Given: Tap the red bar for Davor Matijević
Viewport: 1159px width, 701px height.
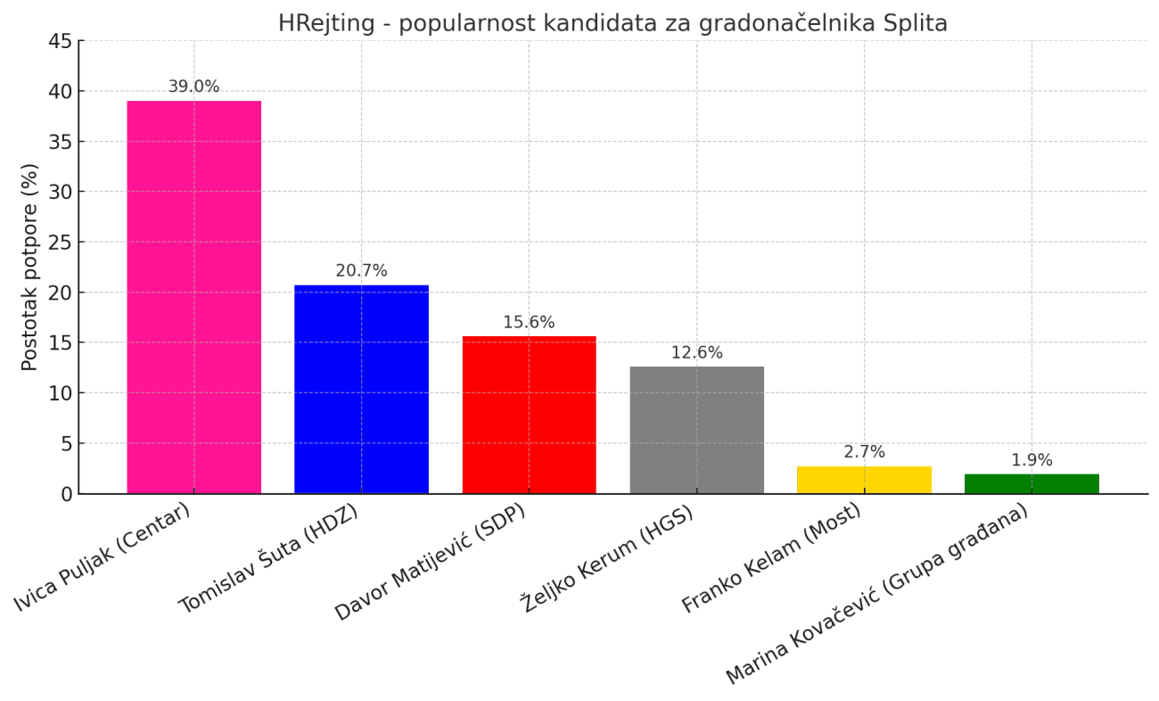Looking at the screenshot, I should click(x=529, y=415).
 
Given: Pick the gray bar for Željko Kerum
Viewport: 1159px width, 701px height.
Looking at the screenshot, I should click(x=696, y=430).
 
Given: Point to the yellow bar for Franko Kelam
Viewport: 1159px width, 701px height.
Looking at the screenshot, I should click(x=864, y=480).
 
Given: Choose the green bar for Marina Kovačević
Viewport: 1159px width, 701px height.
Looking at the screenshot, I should click(x=1032, y=483).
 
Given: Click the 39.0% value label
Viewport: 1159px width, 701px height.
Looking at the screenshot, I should click(x=193, y=87).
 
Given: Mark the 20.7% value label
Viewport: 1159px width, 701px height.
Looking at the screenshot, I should click(x=361, y=271).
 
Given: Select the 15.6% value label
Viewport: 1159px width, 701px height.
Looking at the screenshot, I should click(x=529, y=323).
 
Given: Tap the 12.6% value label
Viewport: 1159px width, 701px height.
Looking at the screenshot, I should click(x=696, y=353).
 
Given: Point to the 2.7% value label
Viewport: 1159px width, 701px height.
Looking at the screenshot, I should click(x=864, y=452).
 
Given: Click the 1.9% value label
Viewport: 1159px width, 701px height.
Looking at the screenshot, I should click(x=1032, y=460).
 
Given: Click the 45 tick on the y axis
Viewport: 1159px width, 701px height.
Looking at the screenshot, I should click(x=60, y=41).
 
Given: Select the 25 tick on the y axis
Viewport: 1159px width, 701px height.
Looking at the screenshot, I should click(x=60, y=243).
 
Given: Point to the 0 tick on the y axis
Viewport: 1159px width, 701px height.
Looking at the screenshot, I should click(x=66, y=494).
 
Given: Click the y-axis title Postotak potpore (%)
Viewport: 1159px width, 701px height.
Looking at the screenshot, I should click(x=30, y=267).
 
